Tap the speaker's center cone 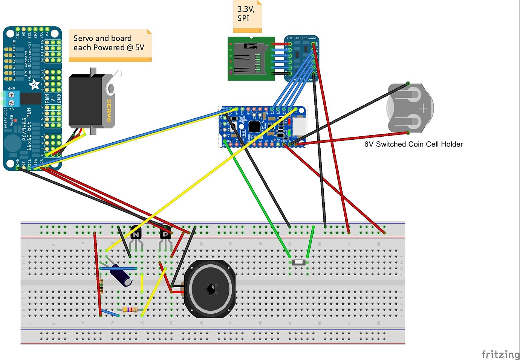[x=210, y=289]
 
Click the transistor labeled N [x=136, y=234]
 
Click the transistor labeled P [x=165, y=234]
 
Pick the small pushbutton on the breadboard [x=299, y=262]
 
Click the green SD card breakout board [x=251, y=59]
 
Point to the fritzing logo [x=500, y=354]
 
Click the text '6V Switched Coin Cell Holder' [x=413, y=144]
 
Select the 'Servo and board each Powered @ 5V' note [x=109, y=43]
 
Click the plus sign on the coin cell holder [x=423, y=108]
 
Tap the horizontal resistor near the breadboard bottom [x=130, y=310]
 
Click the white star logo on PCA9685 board [x=34, y=84]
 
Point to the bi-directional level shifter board [x=301, y=58]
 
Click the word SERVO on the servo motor [x=109, y=111]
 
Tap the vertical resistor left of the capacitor [x=101, y=286]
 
